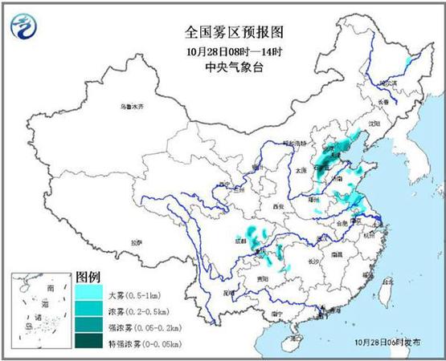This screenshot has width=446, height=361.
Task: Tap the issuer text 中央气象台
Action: (x=223, y=67)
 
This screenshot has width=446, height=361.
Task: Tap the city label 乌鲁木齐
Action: (x=129, y=107)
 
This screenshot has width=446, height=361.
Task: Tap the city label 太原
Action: (x=301, y=170)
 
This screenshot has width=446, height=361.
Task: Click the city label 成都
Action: (x=241, y=238)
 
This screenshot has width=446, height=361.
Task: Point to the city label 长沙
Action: (x=314, y=262)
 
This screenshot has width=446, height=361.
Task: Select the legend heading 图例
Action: (x=88, y=277)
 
